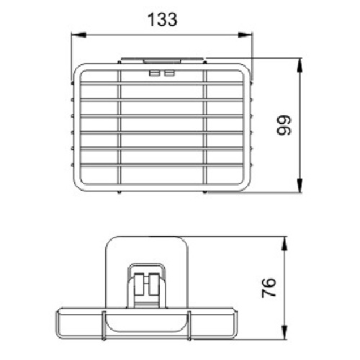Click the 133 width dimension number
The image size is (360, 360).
[x=163, y=19]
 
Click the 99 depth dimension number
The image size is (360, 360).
[x=284, y=125]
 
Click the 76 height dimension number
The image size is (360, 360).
[x=269, y=288]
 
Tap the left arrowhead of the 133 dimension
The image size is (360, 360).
[x=78, y=35]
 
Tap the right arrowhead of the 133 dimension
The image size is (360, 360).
[x=245, y=35]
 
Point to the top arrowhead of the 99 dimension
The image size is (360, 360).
[x=300, y=65]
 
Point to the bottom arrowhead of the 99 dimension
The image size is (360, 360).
[x=300, y=185]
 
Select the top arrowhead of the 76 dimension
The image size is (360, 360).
[x=284, y=243]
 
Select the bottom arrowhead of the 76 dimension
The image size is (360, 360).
[x=284, y=333]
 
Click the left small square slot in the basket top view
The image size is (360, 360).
[x=154, y=73]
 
